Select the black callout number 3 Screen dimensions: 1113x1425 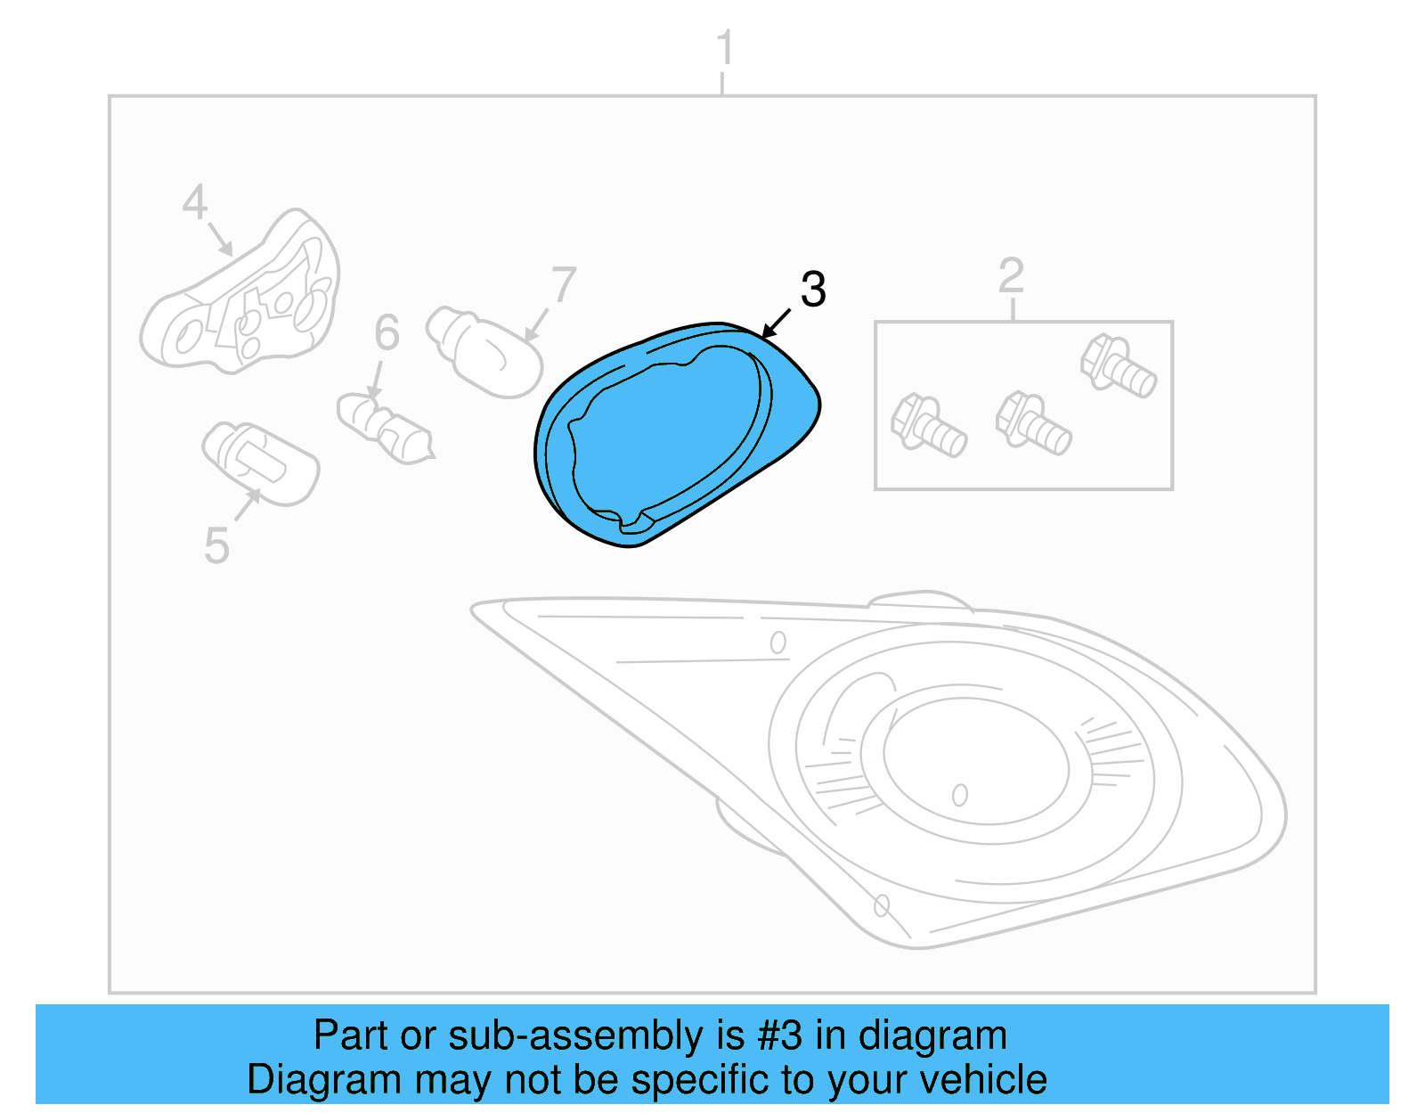(x=813, y=290)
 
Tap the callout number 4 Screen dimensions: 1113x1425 (x=194, y=202)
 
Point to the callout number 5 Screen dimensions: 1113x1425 (x=216, y=545)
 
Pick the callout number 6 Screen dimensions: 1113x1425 (x=387, y=332)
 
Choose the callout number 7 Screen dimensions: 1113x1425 (x=564, y=286)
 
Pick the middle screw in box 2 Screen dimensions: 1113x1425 (x=1033, y=423)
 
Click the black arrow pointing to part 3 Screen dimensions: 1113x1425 (x=777, y=323)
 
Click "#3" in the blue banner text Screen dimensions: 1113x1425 (x=778, y=1035)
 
